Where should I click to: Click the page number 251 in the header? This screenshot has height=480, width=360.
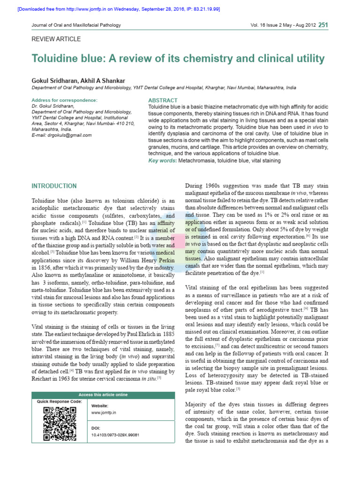click(x=323, y=25)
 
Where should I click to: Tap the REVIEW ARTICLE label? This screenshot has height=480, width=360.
click(x=56, y=39)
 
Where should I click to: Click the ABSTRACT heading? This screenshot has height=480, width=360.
click(x=163, y=100)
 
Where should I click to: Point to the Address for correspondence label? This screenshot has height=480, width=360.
click(x=64, y=100)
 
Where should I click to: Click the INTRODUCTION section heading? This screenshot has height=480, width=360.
click(x=54, y=186)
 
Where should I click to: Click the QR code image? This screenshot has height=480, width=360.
click(x=60, y=424)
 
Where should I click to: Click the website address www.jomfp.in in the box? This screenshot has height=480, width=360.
click(x=104, y=413)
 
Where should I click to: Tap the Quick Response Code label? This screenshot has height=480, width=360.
click(x=59, y=402)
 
